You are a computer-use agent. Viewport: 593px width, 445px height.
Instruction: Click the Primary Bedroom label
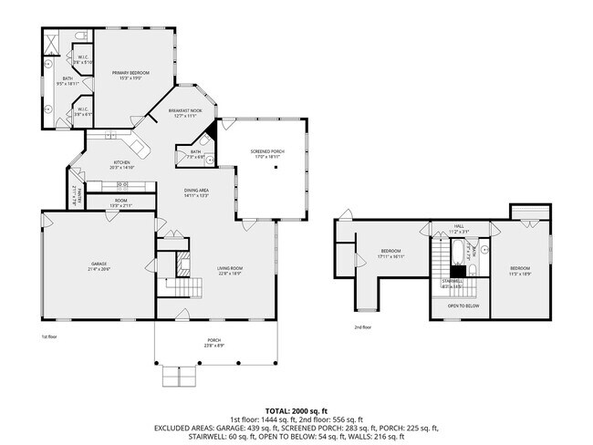coord(130,75)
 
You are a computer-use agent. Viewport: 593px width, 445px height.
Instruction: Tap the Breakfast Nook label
coord(184,113)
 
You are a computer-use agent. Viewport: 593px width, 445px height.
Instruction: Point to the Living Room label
coord(230,270)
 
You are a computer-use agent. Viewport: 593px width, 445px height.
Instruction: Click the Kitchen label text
coord(121,166)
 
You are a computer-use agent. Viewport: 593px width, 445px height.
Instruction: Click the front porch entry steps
coord(178,376)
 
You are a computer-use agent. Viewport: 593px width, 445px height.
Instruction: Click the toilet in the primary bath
coord(80,36)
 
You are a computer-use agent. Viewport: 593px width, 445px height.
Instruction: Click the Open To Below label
coord(463,305)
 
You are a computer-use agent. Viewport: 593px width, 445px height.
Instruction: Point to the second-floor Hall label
coord(460,231)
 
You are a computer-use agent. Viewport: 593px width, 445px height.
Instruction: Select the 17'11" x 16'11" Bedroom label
coord(391,254)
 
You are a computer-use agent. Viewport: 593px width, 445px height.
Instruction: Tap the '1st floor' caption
coord(49,336)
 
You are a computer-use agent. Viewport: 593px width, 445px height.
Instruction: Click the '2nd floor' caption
coord(363,326)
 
